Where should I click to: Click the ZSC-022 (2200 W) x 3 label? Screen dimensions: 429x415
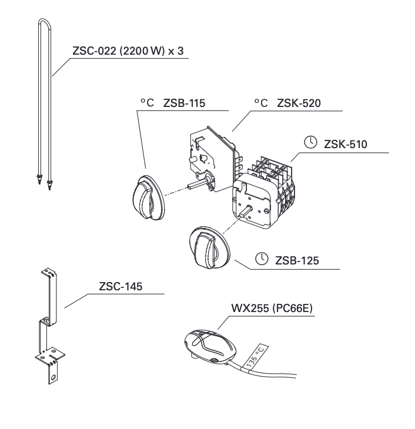128,51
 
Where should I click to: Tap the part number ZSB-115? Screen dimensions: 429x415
184,103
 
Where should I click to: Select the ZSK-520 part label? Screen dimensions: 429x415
300,103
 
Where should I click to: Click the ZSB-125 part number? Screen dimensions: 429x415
297,260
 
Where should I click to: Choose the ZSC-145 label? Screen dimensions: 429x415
121,287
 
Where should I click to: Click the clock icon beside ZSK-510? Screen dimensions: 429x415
310,143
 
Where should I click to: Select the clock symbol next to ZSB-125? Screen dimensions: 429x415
262,259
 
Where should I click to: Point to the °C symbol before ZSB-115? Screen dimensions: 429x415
146,103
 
